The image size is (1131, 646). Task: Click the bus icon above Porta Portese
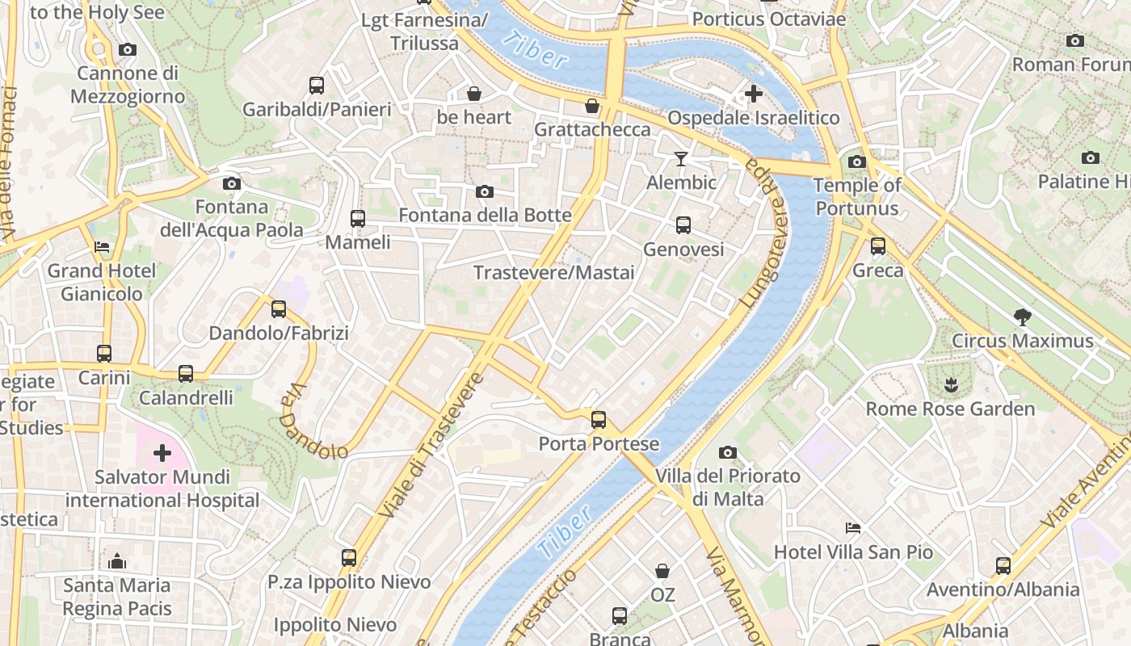pyautogui.click(x=599, y=420)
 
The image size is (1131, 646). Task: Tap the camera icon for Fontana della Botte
pyautogui.click(x=485, y=191)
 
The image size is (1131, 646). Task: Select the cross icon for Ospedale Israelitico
pyautogui.click(x=753, y=94)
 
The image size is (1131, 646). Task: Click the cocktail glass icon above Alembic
pyautogui.click(x=681, y=158)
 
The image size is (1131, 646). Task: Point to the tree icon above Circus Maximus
pyautogui.click(x=1022, y=317)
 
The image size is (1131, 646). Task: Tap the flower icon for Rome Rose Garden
pyautogui.click(x=950, y=384)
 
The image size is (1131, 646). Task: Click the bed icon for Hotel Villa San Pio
pyautogui.click(x=853, y=528)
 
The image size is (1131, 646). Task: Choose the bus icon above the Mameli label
pyautogui.click(x=357, y=218)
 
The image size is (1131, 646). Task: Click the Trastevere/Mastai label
pyautogui.click(x=554, y=273)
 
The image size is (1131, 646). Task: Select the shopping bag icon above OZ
pyautogui.click(x=662, y=571)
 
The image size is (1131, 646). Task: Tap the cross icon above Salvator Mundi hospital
pyautogui.click(x=162, y=452)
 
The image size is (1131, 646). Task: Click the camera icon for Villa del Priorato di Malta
pyautogui.click(x=728, y=452)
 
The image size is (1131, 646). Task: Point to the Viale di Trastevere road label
pyautogui.click(x=431, y=446)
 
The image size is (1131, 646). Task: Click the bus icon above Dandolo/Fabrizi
pyautogui.click(x=279, y=308)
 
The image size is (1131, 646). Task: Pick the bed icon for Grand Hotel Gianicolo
pyautogui.click(x=102, y=246)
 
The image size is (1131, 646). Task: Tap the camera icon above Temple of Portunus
pyautogui.click(x=857, y=161)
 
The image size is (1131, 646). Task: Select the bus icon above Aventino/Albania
pyautogui.click(x=1003, y=565)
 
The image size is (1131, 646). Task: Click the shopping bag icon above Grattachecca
pyautogui.click(x=592, y=106)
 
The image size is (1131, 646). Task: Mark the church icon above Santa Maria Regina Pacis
pyautogui.click(x=117, y=560)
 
